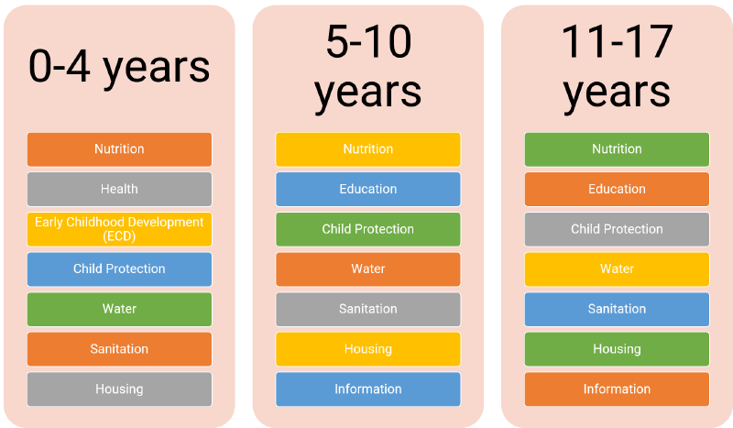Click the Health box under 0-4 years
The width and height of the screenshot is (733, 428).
119,189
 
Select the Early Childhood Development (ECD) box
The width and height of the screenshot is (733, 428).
119,229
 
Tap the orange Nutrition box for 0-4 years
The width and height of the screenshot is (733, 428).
119,149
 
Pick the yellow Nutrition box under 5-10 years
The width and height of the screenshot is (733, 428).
368,149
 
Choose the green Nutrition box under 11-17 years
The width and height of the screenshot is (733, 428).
617,149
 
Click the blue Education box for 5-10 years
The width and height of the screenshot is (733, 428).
368,189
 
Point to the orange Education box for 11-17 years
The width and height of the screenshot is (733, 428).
617,189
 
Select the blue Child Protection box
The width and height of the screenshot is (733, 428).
119,269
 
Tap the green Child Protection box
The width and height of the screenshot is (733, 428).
368,229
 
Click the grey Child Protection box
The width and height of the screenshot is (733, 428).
617,229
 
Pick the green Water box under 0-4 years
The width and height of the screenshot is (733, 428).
119,309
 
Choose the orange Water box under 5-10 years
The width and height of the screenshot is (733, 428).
368,269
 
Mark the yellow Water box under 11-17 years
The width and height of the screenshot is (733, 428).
617,269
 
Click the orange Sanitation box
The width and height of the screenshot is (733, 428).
119,349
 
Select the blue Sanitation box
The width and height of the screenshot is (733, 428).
617,309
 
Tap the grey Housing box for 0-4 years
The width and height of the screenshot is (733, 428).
119,390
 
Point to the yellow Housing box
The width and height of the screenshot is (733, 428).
368,349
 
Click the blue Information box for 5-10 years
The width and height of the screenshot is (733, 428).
368,390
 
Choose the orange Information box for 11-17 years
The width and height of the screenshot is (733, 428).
617,390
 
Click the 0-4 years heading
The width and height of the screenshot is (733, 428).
119,68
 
